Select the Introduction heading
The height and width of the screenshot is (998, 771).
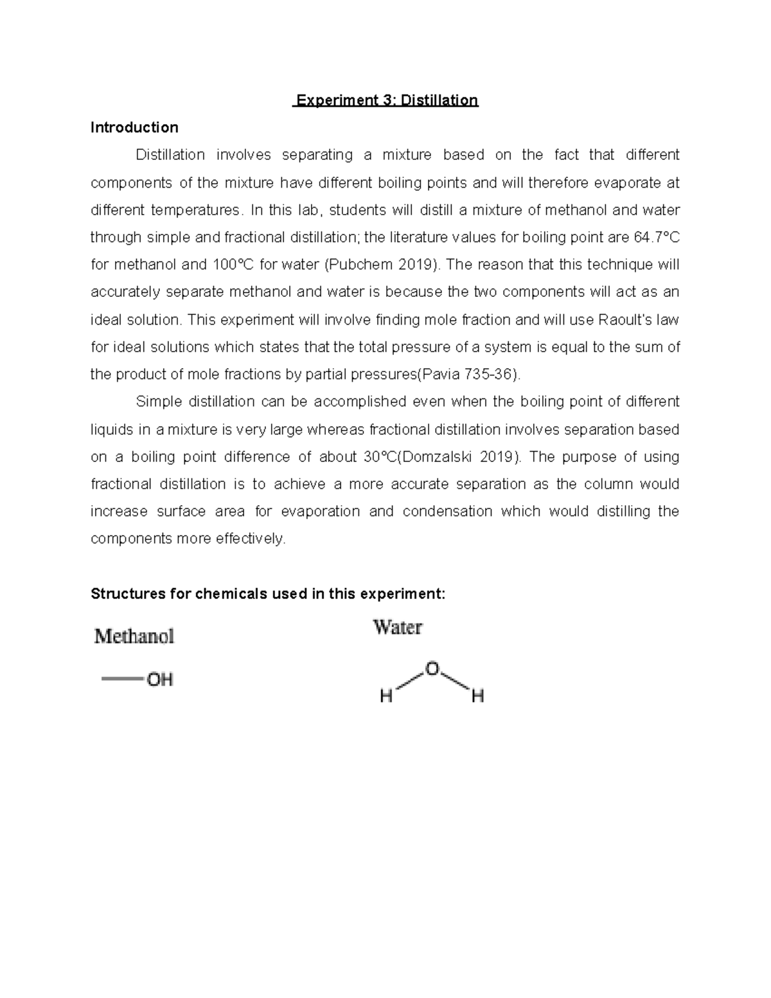pyautogui.click(x=134, y=127)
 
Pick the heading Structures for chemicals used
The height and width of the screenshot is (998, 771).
pyautogui.click(x=267, y=593)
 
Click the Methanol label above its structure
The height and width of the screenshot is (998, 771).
pyautogui.click(x=134, y=636)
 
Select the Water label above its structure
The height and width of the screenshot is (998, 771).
pyautogui.click(x=398, y=627)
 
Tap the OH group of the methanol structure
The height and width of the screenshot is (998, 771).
pyautogui.click(x=160, y=679)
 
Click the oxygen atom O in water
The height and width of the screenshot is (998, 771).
pyautogui.click(x=432, y=670)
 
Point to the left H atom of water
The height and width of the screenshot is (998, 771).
pyautogui.click(x=386, y=696)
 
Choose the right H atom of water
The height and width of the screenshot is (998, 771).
pyautogui.click(x=477, y=696)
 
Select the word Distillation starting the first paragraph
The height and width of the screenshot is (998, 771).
pyautogui.click(x=170, y=155)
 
